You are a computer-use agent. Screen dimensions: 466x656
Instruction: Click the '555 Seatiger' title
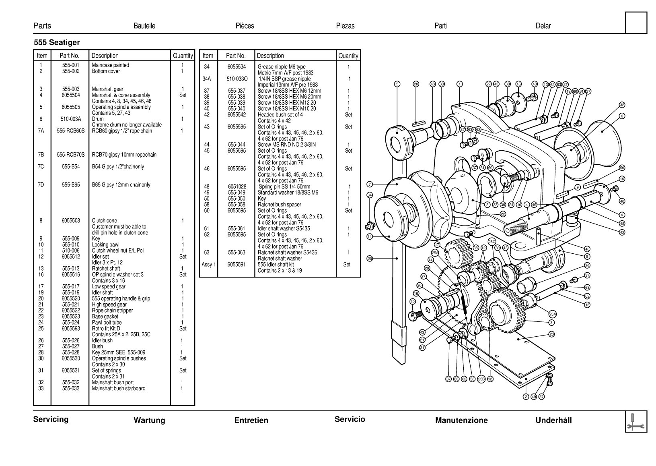[57, 43]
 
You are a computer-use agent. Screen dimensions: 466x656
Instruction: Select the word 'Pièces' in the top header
[245, 26]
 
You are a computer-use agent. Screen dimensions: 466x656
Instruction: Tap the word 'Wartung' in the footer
[149, 420]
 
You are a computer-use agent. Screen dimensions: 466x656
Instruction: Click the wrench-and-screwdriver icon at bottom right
[636, 422]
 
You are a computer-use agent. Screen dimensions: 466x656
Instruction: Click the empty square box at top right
[636, 23]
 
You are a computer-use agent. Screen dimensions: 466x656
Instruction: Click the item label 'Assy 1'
[208, 265]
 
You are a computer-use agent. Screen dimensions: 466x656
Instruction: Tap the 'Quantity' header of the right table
[348, 56]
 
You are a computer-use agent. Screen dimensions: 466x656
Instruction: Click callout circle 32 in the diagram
[622, 105]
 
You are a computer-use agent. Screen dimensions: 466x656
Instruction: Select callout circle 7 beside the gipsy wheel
[370, 184]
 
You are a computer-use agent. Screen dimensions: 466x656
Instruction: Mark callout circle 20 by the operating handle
[370, 259]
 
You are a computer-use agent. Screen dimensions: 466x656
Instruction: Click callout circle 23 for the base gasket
[552, 334]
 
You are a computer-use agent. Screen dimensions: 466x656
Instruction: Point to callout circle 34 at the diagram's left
[370, 195]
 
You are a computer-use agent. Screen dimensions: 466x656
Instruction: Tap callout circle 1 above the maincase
[460, 84]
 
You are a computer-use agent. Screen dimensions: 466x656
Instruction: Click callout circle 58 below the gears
[473, 379]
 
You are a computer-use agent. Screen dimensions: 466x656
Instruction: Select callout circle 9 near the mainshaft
[578, 187]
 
